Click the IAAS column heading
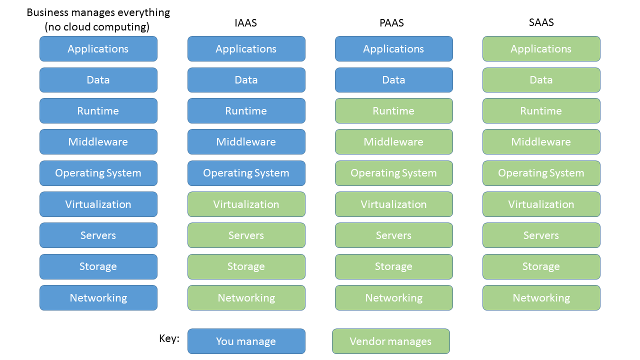tap(246, 22)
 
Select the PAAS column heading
tap(393, 22)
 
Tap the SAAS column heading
tap(541, 22)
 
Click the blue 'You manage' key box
tap(246, 341)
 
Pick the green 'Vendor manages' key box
tap(390, 341)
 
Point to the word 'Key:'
tap(169, 338)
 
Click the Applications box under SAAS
tap(541, 49)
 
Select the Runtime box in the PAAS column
tap(393, 111)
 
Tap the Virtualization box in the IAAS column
tap(246, 204)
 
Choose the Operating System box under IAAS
tap(246, 173)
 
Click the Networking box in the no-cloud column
tap(98, 298)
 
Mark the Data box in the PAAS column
tap(393, 80)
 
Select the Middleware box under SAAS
tap(541, 142)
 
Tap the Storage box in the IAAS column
tap(246, 266)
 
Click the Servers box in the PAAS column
tap(393, 235)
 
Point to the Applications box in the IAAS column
tap(246, 49)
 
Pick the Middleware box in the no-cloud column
tap(98, 142)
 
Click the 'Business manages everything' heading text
tap(98, 12)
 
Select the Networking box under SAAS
tap(541, 298)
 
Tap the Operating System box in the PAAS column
tap(393, 173)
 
